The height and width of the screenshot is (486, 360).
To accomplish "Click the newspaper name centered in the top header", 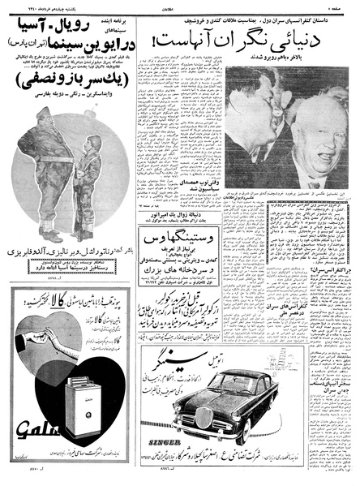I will pyautogui.click(x=180, y=6).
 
